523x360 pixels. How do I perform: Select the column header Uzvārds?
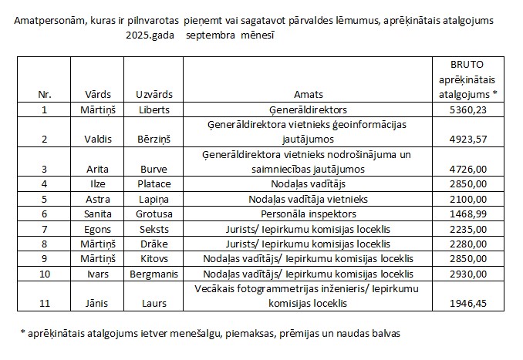(150, 96)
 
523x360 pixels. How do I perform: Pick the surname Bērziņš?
(154, 140)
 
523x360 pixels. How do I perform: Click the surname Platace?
(154, 184)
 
